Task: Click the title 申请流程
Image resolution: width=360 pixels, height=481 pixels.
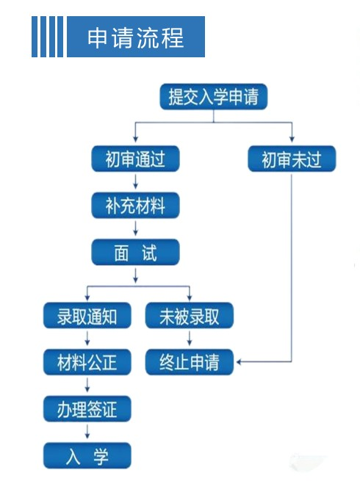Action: (135, 37)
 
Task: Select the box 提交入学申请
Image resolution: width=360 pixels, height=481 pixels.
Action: (214, 97)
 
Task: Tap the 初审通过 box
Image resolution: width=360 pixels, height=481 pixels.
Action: (135, 159)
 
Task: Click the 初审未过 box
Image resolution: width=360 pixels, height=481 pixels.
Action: (292, 159)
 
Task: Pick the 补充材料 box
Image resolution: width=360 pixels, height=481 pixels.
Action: (135, 205)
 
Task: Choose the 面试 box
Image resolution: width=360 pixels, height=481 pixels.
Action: (135, 252)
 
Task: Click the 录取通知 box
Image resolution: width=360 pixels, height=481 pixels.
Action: (87, 316)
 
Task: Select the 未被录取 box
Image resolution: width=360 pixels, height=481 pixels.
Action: (190, 316)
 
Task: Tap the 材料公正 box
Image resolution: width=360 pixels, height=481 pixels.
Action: (87, 362)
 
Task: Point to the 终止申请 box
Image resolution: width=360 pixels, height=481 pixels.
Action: (190, 362)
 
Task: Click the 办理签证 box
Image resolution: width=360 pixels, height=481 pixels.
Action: (87, 409)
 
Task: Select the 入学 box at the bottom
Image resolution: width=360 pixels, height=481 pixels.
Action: (87, 455)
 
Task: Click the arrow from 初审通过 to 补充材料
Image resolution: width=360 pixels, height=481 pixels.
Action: (135, 181)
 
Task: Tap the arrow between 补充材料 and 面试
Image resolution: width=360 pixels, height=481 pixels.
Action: (135, 228)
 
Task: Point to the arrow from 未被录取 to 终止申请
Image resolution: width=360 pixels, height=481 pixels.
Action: (190, 339)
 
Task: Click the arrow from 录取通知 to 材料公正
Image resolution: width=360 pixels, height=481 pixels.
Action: (87, 339)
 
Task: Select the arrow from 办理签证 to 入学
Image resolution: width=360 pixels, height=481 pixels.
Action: (87, 432)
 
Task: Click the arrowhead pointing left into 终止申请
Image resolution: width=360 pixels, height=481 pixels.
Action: (239, 362)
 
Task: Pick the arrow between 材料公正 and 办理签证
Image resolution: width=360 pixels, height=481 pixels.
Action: (87, 385)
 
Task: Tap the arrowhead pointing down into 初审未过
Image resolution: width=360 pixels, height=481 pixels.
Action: (292, 139)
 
